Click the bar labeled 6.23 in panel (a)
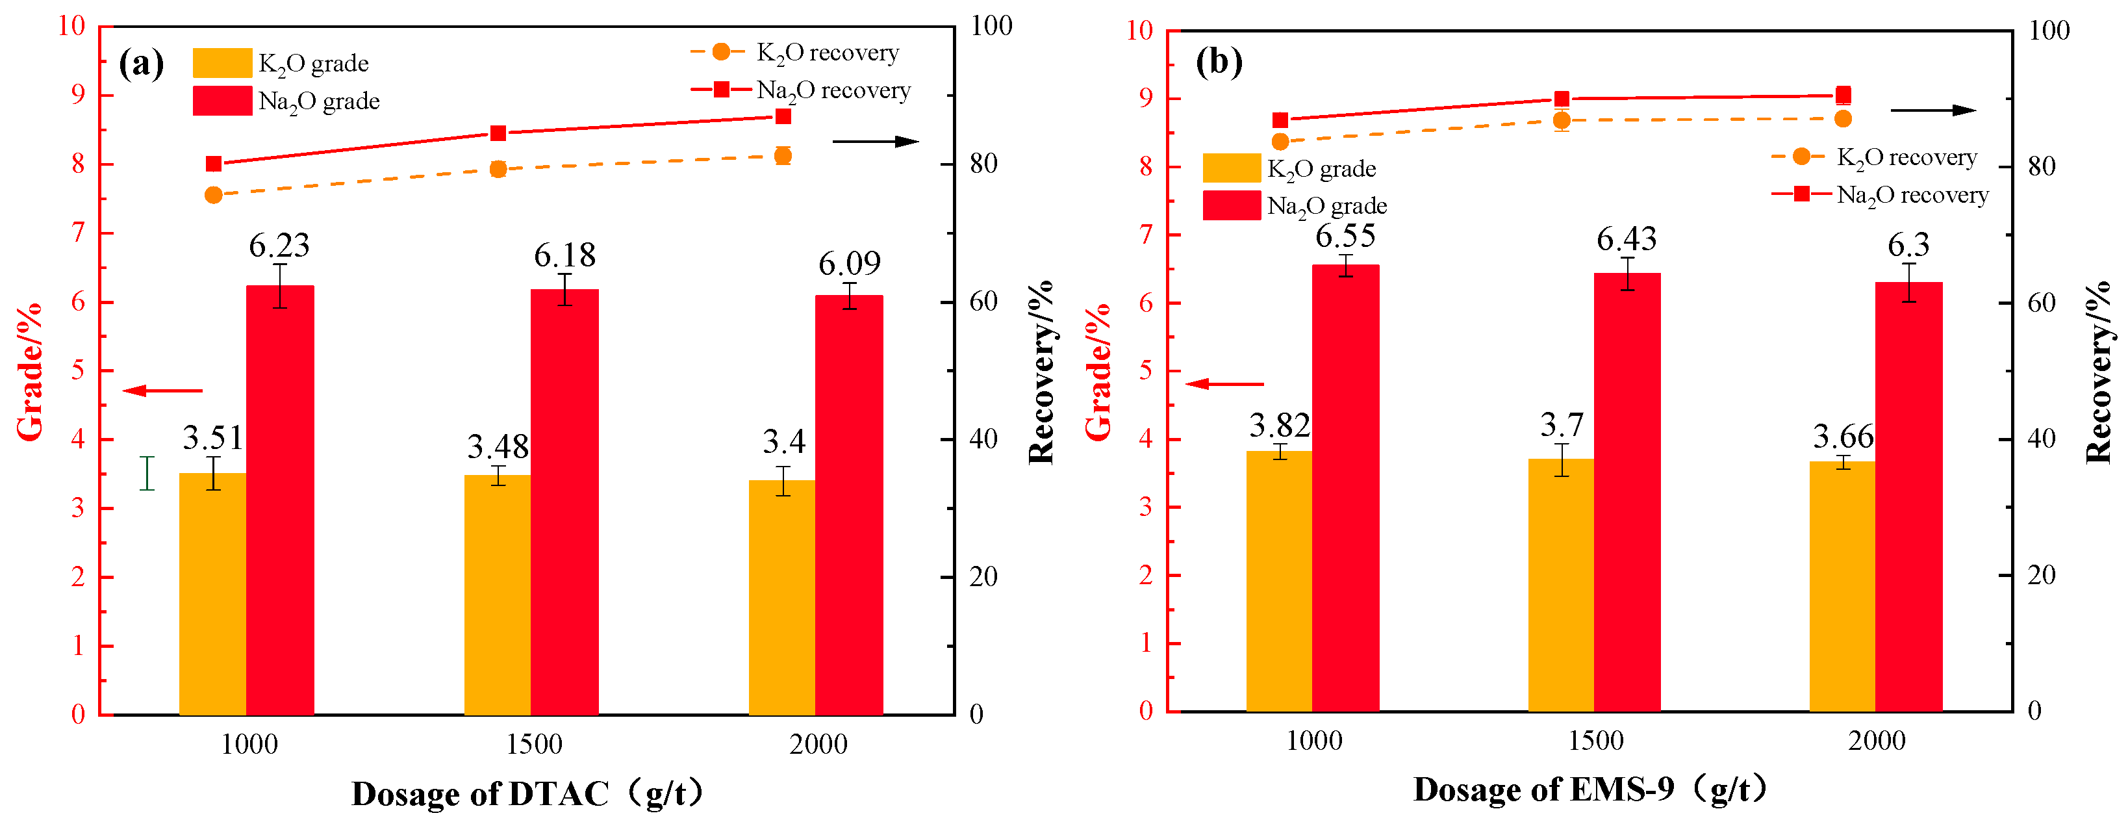point(280,500)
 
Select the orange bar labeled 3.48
point(498,595)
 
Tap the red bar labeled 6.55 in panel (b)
point(1346,487)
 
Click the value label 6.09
point(849,264)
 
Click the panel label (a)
point(141,63)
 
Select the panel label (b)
point(1219,61)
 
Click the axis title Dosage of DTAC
point(480,793)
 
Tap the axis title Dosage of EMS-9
point(1544,789)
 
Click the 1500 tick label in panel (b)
point(1595,740)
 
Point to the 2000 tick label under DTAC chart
point(818,744)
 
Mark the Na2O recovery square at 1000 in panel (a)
point(214,164)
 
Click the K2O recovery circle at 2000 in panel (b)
point(1842,119)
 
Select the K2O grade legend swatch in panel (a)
point(222,63)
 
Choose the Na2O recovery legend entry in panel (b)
point(1880,195)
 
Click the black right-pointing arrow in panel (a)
point(876,141)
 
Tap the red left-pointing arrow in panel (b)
point(1225,383)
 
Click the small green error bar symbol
point(147,473)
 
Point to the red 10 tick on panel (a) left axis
point(72,27)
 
